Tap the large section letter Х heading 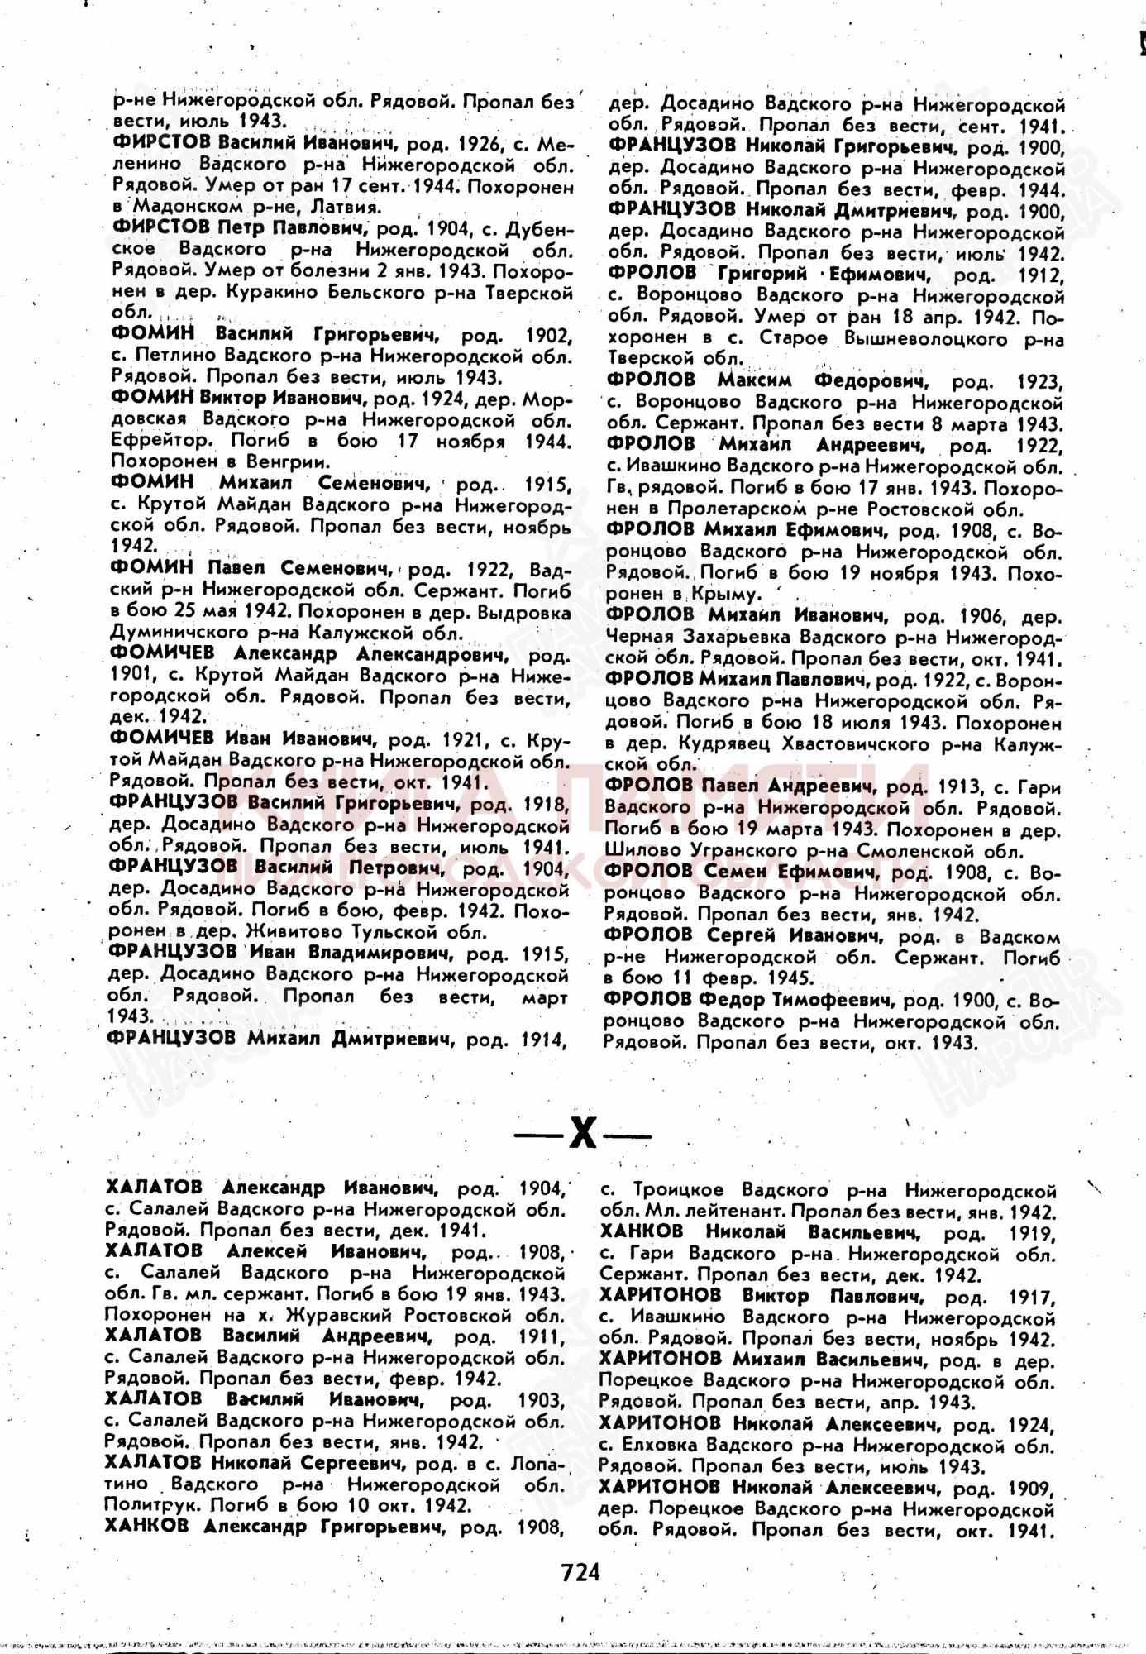(x=582, y=1135)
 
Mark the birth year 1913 (x=957, y=786)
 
